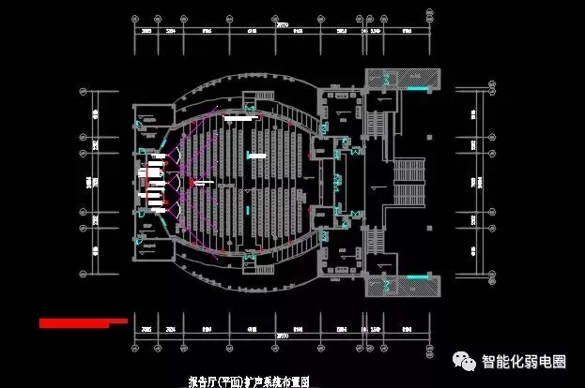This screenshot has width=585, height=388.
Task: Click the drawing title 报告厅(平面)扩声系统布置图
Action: point(249,381)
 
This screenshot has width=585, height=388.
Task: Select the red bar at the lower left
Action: point(83,321)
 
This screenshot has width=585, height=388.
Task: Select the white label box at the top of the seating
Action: point(239,119)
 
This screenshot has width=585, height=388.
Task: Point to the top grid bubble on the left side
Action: point(84,91)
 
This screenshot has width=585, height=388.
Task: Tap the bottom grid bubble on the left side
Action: point(84,276)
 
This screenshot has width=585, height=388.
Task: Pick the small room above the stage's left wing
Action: point(147,119)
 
